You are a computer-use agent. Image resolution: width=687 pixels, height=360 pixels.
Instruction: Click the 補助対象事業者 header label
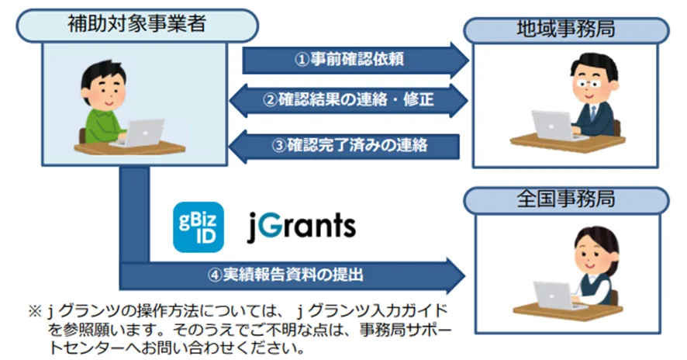point(136,24)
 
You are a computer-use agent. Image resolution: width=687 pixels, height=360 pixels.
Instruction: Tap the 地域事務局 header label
point(566,29)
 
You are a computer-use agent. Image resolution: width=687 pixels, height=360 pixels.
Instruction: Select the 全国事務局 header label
point(566,199)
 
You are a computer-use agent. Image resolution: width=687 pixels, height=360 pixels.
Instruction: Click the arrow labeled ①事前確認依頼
point(355,60)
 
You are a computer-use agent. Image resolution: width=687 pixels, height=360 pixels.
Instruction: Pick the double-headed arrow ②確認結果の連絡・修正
point(349,100)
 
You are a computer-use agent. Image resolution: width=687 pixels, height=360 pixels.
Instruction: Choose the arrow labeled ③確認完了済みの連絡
point(344,146)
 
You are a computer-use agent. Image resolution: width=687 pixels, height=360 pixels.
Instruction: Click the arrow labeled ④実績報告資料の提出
point(292,275)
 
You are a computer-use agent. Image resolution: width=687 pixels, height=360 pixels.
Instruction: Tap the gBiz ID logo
point(199,227)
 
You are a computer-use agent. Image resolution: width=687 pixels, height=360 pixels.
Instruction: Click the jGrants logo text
point(302,227)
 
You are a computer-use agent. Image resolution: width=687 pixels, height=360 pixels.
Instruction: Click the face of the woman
point(590,256)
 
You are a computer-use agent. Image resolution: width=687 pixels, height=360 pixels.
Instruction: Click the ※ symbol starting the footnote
point(35,311)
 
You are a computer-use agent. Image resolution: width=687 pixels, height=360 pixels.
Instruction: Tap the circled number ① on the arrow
point(302,60)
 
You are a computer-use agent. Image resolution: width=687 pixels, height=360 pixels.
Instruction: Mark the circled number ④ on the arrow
point(215,275)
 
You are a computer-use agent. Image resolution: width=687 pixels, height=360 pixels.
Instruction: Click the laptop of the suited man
point(554,126)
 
